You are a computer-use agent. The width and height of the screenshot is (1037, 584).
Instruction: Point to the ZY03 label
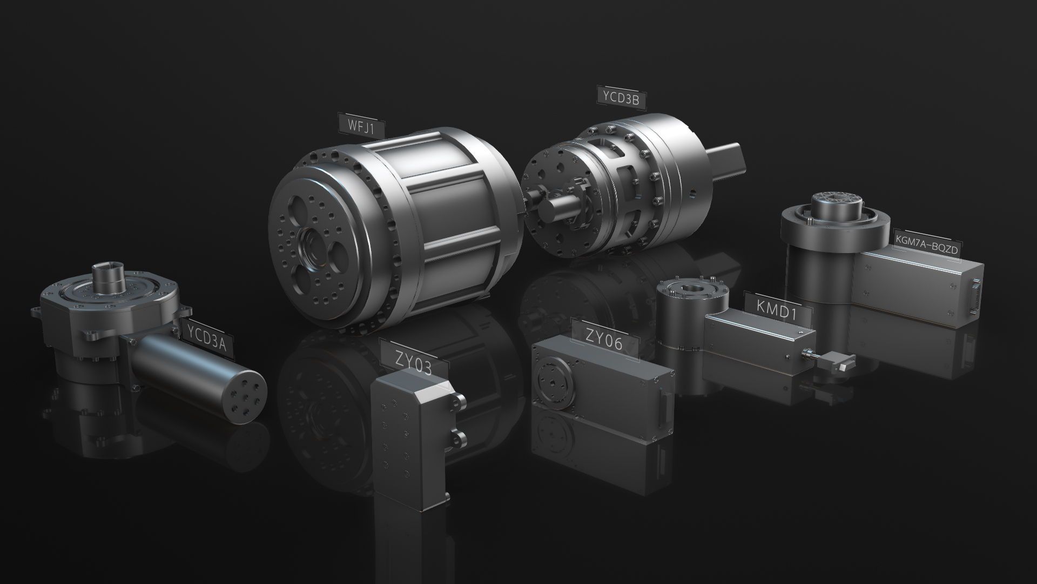click(414, 361)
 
